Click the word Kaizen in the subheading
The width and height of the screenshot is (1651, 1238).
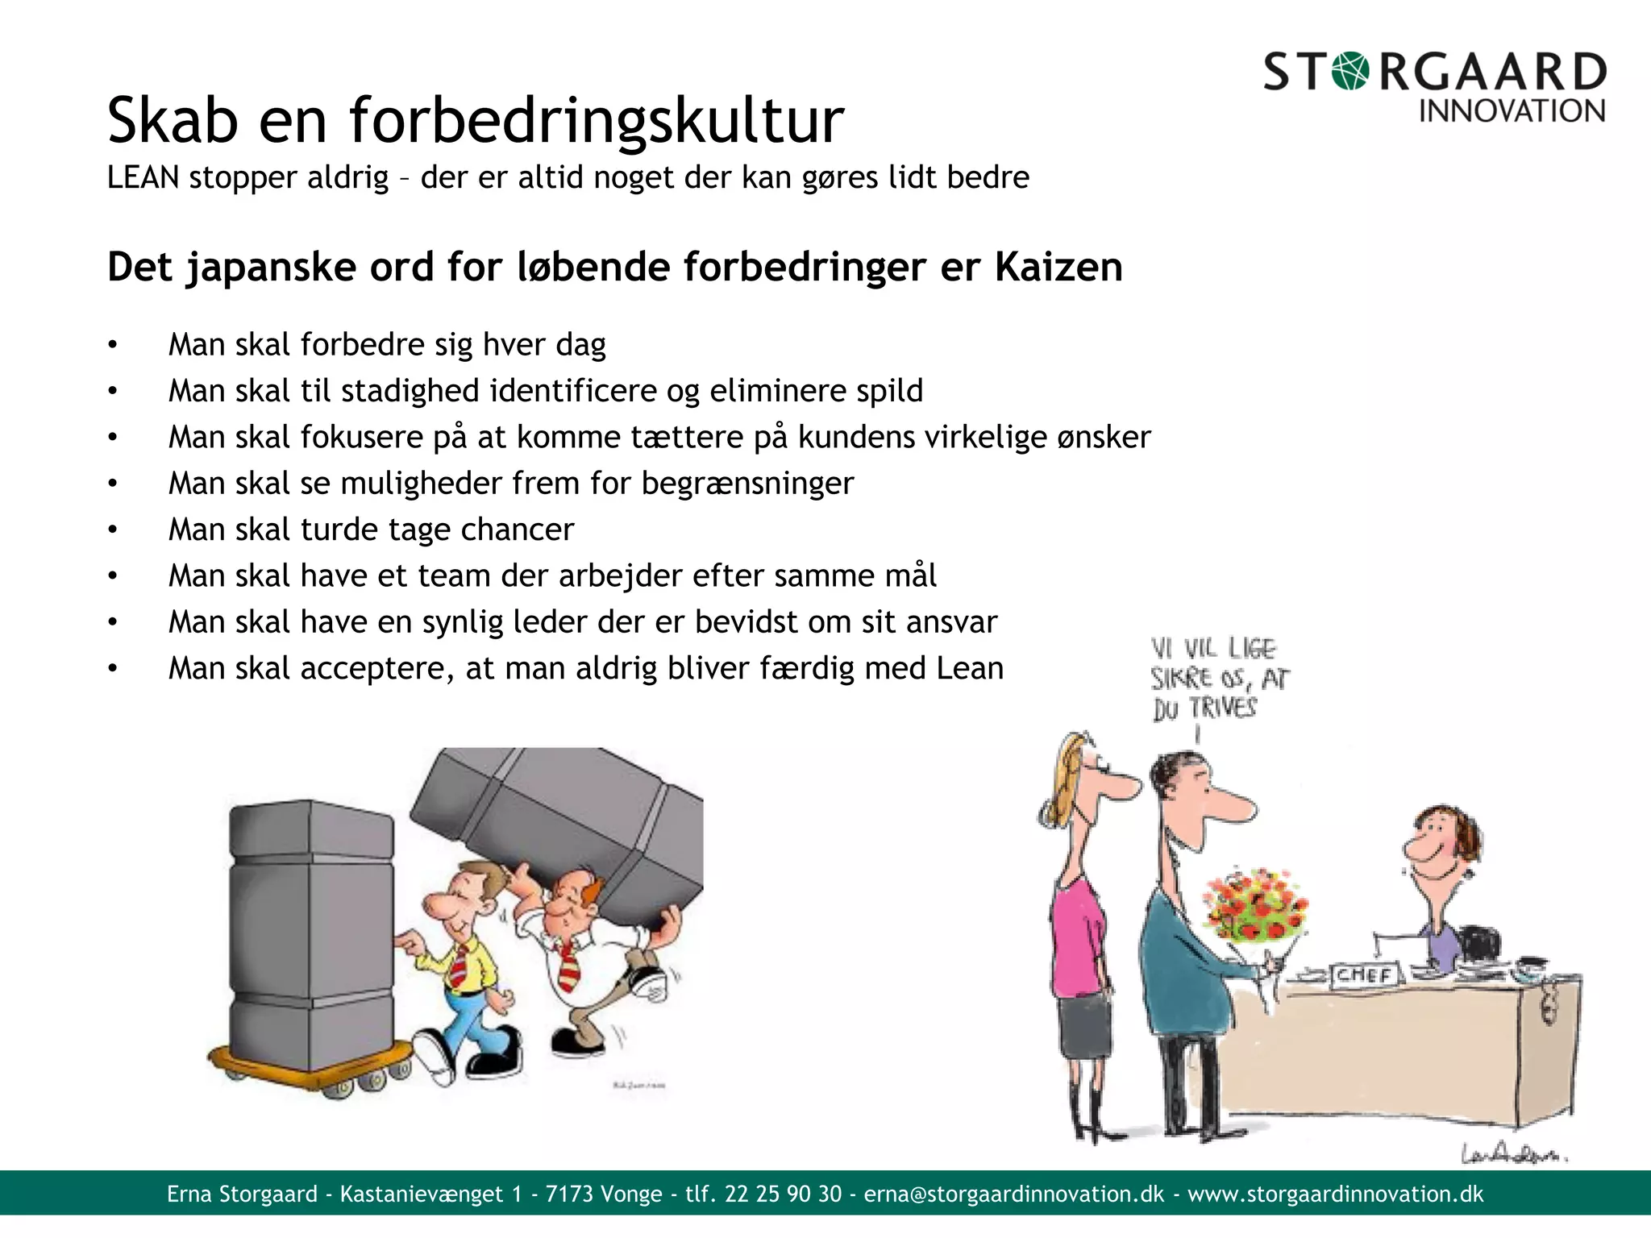(x=1058, y=267)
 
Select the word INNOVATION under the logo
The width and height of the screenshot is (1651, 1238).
(x=1512, y=111)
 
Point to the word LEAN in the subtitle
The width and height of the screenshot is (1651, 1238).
(x=143, y=177)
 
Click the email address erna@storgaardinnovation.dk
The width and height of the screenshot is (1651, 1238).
(x=1013, y=1194)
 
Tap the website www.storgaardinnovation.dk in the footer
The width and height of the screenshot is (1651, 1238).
(x=1335, y=1194)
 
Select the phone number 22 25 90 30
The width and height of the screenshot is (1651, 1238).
(x=783, y=1194)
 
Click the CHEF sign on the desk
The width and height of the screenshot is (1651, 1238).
(x=1363, y=975)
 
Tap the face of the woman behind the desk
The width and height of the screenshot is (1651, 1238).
(x=1439, y=846)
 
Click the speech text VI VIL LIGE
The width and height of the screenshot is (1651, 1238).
(x=1213, y=649)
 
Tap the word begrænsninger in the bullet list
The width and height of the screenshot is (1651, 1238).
(x=747, y=484)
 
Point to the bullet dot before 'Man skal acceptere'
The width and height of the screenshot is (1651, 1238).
(x=113, y=668)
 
